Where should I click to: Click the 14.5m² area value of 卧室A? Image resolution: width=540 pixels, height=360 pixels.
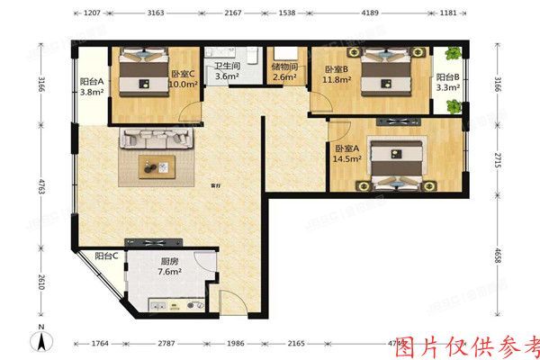click(347, 159)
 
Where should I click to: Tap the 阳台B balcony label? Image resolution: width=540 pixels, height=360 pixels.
click(448, 77)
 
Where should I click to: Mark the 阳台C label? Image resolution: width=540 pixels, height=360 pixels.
click(107, 256)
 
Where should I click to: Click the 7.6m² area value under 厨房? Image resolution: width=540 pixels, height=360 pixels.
click(169, 269)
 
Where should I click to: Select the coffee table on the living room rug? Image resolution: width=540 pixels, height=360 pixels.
click(158, 165)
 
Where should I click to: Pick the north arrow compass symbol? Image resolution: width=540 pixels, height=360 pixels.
click(40, 339)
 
